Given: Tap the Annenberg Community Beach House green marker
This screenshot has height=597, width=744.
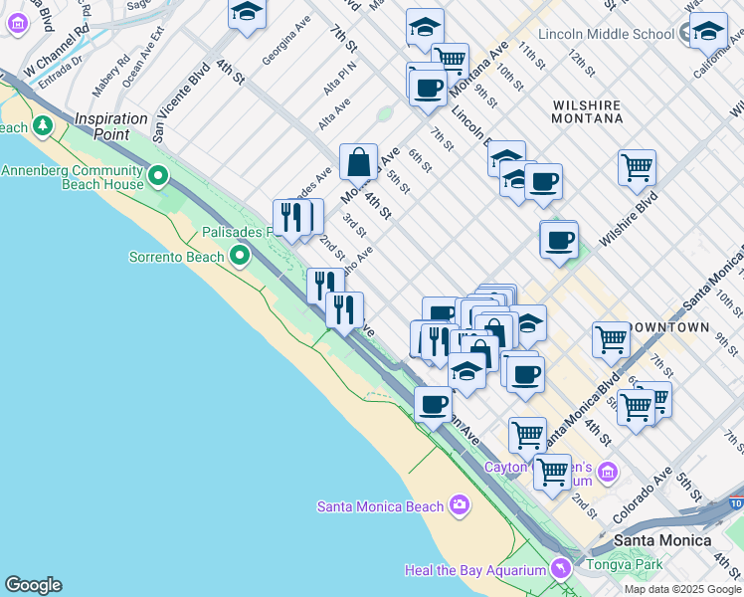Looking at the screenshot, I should tap(158, 177).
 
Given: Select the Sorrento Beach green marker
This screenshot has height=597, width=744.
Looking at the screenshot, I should tap(239, 257).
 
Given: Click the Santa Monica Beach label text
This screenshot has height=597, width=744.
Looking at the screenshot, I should tap(380, 506).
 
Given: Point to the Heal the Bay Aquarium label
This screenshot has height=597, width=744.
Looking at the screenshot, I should tap(475, 570).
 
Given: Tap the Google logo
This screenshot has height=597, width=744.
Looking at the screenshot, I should tap(33, 585).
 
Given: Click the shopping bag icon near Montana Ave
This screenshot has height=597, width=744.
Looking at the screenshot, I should tap(358, 161).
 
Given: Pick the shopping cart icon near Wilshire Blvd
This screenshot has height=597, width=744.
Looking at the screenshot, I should tap(637, 166).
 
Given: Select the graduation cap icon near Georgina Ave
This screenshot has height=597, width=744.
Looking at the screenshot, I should tap(247, 13).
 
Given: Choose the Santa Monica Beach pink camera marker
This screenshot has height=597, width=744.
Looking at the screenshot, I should tap(458, 505).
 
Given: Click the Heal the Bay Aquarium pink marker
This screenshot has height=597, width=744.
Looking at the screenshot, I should tap(561, 569).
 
